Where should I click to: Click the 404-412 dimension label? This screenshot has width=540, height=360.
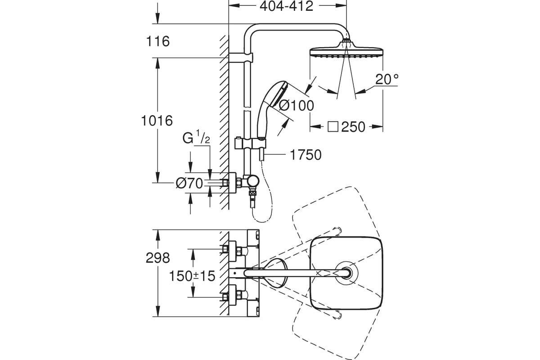pos(286,6)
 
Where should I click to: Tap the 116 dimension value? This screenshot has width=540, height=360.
pos(158,41)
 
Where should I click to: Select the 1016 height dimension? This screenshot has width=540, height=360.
pos(157,121)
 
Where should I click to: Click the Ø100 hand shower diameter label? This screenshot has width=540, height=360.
pos(297,105)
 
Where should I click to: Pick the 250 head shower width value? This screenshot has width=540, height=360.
pos(353,127)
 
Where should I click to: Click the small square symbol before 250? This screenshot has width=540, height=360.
pos(333,127)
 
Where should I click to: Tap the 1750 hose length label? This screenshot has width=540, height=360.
pos(306,155)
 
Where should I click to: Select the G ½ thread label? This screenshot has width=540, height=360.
pos(196,137)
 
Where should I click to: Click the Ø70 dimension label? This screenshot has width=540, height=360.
pos(189,184)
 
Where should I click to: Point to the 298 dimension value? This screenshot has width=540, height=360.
pos(158,258)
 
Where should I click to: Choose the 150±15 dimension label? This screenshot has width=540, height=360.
pos(192,276)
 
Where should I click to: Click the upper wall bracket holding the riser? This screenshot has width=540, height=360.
pos(241,58)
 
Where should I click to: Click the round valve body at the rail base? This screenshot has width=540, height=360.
pos(252,181)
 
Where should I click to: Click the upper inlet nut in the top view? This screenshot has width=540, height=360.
pos(225,249)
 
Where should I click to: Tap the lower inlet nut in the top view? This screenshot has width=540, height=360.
pos(225,297)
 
